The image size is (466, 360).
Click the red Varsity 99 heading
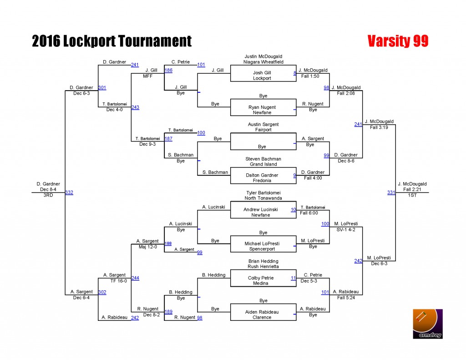398,41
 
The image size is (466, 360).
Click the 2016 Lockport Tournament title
112,41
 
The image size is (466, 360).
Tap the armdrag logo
428,324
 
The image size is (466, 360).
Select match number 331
391,193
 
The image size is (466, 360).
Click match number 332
69,193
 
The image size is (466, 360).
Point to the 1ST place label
412,195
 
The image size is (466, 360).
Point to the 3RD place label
48,195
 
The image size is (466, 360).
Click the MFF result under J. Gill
148,76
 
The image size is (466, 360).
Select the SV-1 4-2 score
346,229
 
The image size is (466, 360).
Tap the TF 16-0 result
119,281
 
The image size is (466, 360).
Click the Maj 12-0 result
148,247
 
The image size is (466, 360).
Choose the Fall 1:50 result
310,76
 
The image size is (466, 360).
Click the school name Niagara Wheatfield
263,62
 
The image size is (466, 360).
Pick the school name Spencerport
262,249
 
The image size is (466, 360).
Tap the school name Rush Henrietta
263,266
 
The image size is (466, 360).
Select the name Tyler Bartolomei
263,193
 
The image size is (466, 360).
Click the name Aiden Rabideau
262,312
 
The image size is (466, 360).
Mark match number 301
102,88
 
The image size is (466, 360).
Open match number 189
168,312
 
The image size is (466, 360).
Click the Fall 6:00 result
309,213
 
